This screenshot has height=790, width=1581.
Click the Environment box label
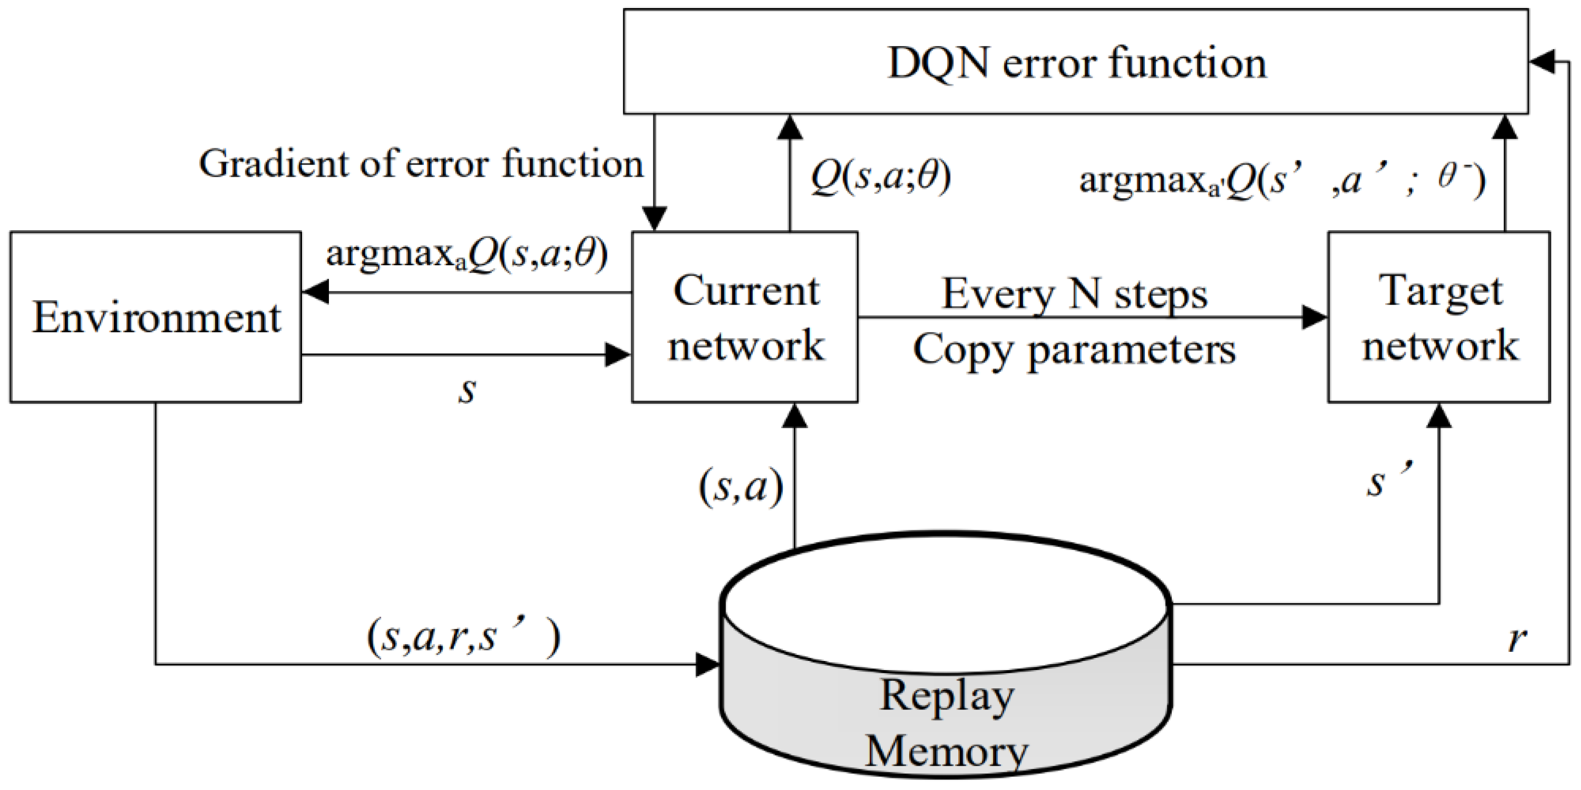point(156,317)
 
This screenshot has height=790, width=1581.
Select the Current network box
point(745,317)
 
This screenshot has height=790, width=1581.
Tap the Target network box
point(1439,317)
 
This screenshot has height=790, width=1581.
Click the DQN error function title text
point(1076,63)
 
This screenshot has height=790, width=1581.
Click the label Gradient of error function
point(420,164)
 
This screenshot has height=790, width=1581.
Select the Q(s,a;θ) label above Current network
point(880,177)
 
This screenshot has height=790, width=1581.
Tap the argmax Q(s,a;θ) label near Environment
point(466,254)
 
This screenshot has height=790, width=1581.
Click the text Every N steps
point(1075,294)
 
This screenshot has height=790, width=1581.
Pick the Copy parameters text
point(1074,349)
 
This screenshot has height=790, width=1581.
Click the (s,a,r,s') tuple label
point(463,638)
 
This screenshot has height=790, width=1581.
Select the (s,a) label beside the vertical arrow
point(741,488)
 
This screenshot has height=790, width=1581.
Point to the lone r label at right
point(1517,639)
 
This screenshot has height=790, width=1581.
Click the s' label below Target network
point(1389,482)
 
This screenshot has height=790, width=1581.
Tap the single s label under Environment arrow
point(467,390)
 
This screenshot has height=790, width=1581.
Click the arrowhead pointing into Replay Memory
point(707,664)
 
